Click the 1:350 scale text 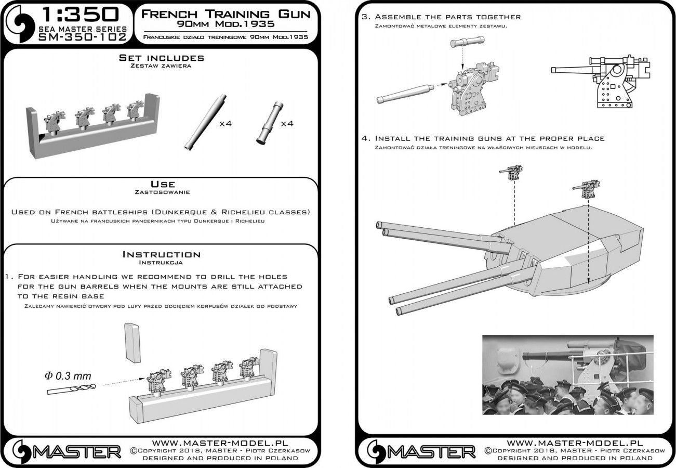point(78,13)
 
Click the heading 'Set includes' point(161,58)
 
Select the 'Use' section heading point(162,184)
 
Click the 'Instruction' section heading point(161,254)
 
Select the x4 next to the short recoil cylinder point(287,124)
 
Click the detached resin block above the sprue point(132,342)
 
